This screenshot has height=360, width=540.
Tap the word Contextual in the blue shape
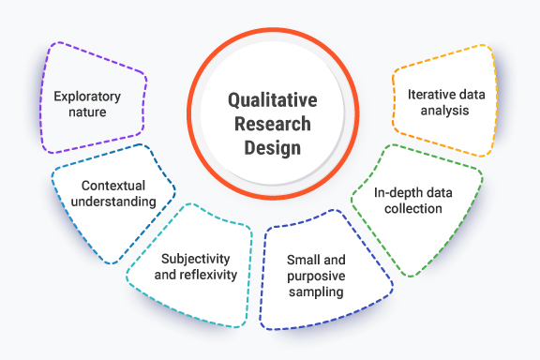112,185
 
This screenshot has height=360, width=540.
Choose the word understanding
112,202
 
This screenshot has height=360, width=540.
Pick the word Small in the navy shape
307,260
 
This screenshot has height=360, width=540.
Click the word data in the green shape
436,192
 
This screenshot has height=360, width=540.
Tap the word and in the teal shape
171,274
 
